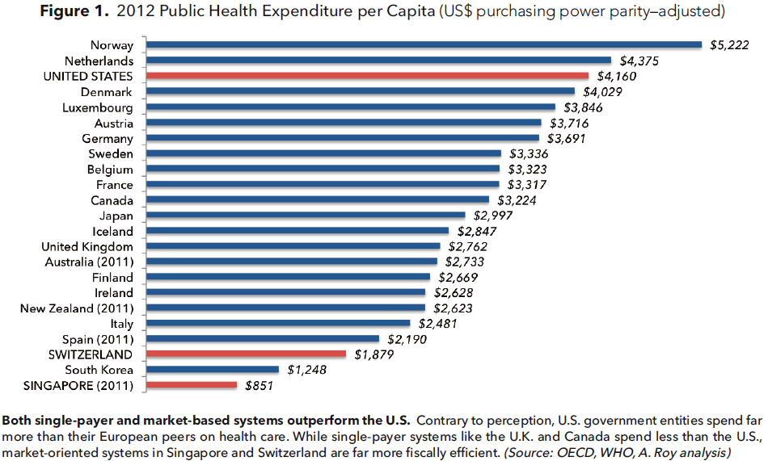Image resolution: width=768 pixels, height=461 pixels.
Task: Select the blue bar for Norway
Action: tap(425, 45)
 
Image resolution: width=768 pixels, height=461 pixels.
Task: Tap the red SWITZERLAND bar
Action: tap(247, 354)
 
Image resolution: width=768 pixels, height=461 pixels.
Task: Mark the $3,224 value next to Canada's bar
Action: tap(515, 199)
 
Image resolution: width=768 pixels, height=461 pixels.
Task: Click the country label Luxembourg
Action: tap(98, 107)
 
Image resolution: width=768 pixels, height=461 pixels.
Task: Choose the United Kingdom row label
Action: tap(87, 246)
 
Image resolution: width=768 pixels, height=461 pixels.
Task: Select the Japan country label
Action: tap(116, 215)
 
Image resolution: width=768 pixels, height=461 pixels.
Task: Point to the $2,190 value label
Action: tap(406, 339)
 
